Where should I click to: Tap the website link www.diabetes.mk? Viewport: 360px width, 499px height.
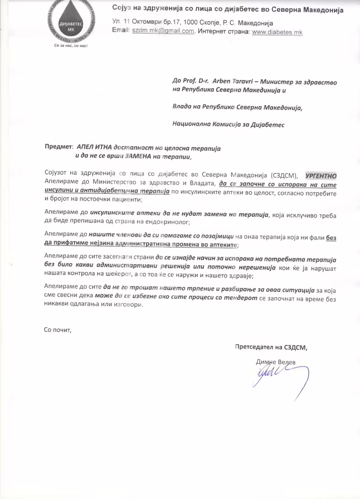tap(277, 32)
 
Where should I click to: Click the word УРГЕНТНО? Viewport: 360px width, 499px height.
tap(321, 175)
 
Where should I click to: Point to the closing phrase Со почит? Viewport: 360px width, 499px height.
tap(58, 330)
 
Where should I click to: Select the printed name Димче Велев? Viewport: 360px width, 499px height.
tap(276, 362)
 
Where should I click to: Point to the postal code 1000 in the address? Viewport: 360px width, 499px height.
tap(190, 23)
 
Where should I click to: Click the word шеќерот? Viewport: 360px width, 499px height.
tap(118, 276)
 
